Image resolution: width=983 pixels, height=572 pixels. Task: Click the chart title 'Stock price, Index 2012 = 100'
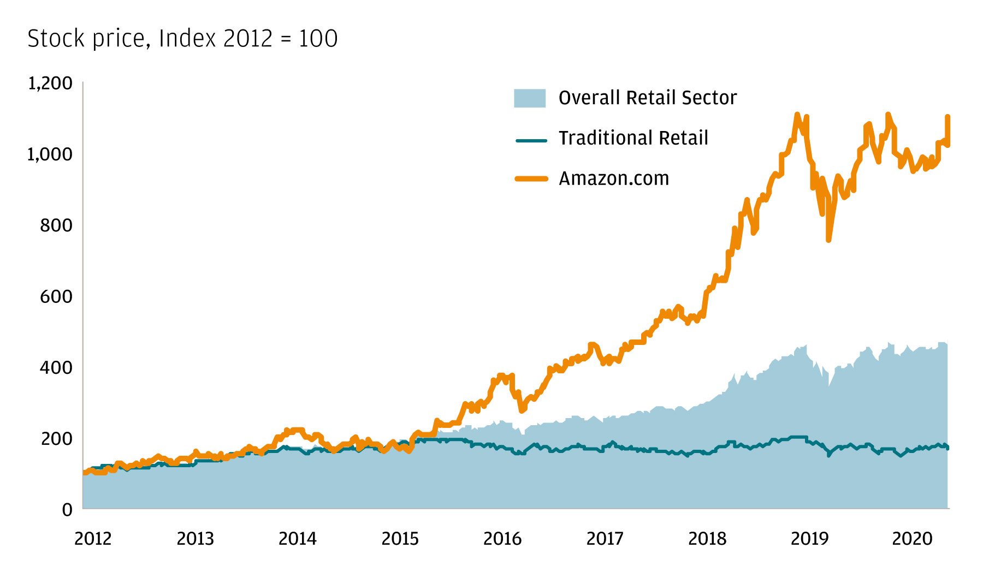182,39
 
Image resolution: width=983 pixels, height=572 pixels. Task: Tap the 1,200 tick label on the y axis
50,84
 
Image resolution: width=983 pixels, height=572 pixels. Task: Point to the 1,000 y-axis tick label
50,154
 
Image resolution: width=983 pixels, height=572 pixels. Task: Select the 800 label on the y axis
56,225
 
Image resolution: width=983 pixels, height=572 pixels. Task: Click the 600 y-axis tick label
56,296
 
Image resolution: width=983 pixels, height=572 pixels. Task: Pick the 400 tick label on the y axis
56,367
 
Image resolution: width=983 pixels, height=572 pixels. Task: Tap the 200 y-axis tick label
56,438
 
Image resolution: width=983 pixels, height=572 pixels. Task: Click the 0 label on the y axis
67,510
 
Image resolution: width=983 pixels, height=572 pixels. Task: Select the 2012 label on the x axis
93,539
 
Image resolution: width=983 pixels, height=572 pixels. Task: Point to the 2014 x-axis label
298,539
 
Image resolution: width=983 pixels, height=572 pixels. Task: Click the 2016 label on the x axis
502,539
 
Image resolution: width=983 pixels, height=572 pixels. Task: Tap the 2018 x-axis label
707,539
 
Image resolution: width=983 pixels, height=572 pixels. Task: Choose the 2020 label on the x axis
912,539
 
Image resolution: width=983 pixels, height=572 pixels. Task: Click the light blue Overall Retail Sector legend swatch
530,98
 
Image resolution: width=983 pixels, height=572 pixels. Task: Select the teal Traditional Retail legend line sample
531,140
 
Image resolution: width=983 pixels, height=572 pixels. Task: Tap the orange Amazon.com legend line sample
531,178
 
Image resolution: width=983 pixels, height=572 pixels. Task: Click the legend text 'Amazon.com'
614,178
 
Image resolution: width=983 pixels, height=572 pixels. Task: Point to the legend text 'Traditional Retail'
633,138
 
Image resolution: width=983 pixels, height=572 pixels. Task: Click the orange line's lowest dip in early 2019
828,239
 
